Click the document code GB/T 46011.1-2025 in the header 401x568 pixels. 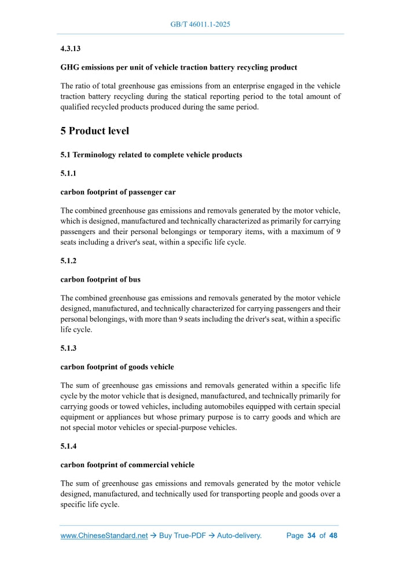click(200, 24)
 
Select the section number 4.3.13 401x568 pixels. click(71, 49)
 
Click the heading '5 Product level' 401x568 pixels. click(94, 131)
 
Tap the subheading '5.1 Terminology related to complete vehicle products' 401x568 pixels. click(151, 155)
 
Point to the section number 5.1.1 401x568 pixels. click(68, 173)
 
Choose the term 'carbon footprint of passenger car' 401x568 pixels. click(118, 192)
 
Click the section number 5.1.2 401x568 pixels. click(68, 261)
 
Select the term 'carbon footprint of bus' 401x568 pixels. click(100, 279)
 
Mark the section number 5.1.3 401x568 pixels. click(68, 348)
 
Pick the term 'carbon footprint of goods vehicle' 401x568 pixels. click(117, 367)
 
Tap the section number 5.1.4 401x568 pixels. click(68, 446)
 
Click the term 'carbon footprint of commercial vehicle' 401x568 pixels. click(127, 465)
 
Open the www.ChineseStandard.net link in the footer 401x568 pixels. click(104, 536)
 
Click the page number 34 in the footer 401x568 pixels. click(311, 536)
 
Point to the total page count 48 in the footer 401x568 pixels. click(333, 536)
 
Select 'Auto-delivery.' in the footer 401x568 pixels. click(239, 536)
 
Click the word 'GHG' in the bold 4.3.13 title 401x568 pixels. click(71, 67)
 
